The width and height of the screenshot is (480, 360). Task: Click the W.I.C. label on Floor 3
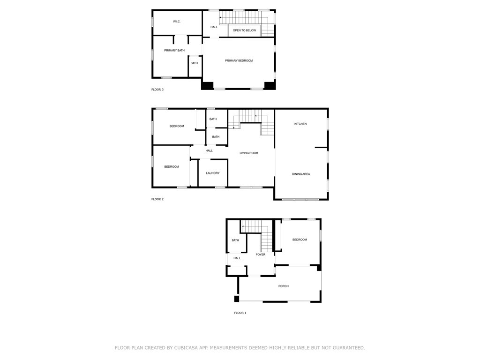177,22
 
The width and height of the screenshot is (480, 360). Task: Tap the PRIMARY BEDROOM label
239,60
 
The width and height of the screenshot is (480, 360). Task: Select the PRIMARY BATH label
174,50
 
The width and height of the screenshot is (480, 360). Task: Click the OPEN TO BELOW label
244,30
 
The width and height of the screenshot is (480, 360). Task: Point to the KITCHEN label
300,124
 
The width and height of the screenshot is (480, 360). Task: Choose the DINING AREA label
301,174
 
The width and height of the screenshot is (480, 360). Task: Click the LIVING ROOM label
249,153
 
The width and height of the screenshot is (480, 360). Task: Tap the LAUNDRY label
213,173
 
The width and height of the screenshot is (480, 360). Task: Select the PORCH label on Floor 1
283,286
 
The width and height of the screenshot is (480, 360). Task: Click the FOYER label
261,255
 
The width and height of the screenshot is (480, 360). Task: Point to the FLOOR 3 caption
157,90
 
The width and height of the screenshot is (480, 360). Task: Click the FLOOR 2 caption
157,199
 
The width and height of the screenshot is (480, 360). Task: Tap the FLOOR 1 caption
240,313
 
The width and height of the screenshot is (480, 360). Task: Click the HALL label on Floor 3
214,27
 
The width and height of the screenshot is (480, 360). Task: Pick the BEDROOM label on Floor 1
300,240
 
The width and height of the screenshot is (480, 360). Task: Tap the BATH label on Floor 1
235,240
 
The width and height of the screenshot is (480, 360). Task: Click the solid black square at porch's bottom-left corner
237,299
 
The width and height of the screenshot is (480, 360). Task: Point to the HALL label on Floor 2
209,150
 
